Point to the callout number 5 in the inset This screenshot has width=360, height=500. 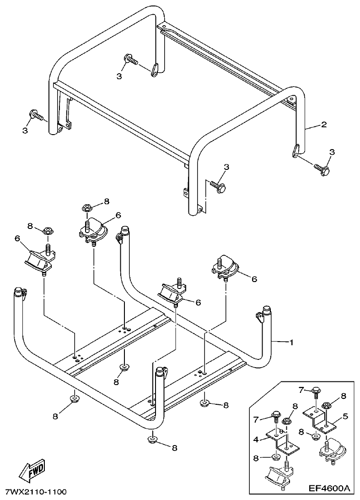coord(345,416)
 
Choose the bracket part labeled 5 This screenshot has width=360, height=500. coord(321,419)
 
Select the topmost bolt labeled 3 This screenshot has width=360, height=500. coord(130,60)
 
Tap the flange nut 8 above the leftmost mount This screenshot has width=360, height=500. coord(48,230)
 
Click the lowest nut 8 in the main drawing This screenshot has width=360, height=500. coord(152,440)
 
